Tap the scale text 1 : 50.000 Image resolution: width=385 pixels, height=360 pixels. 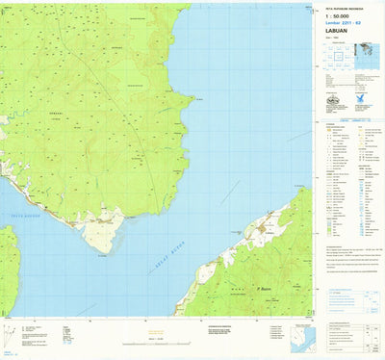pyautogui.click(x=335, y=13)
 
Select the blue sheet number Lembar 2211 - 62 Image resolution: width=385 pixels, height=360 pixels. pyautogui.click(x=339, y=20)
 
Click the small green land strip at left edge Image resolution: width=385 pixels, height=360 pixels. pyautogui.click(x=7, y=270)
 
